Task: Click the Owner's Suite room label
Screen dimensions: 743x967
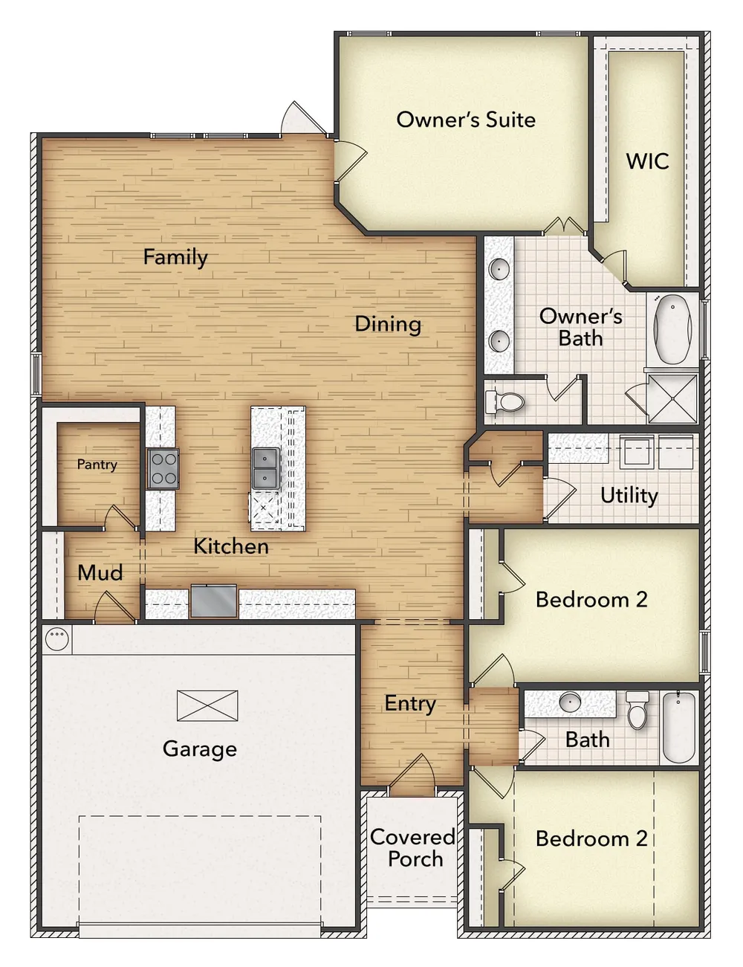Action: click(x=466, y=120)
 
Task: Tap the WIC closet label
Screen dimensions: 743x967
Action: click(x=647, y=161)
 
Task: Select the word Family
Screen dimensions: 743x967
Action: click(x=175, y=257)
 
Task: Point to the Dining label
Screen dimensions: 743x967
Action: click(x=388, y=324)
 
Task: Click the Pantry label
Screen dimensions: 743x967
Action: click(x=97, y=465)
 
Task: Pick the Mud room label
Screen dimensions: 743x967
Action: click(x=100, y=573)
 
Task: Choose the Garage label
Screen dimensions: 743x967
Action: click(x=200, y=749)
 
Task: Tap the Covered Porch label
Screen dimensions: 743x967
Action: click(x=412, y=848)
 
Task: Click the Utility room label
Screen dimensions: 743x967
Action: click(x=629, y=495)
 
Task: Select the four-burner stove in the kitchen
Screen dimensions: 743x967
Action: click(x=163, y=468)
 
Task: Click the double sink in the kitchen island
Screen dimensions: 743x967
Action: click(x=266, y=468)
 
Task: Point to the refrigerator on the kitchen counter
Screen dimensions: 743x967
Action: click(x=213, y=601)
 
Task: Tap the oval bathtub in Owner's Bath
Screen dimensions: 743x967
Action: click(x=672, y=329)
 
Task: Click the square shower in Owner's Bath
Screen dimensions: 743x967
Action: click(x=672, y=398)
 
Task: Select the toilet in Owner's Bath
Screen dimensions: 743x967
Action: click(x=504, y=402)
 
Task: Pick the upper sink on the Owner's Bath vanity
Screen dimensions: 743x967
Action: click(x=499, y=269)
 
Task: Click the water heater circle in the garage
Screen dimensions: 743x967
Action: click(x=57, y=638)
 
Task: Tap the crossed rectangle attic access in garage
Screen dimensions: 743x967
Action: click(x=207, y=706)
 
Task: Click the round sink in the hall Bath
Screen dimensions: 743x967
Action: click(x=570, y=702)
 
